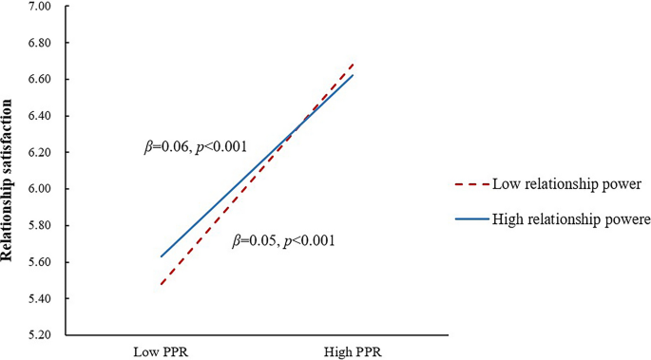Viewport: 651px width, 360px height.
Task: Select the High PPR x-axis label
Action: [x=353, y=351]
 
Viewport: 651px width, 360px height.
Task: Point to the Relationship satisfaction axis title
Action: [x=11, y=171]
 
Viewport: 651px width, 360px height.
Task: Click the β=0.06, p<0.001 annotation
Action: [x=195, y=147]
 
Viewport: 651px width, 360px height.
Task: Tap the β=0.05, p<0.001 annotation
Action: [x=284, y=241]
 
